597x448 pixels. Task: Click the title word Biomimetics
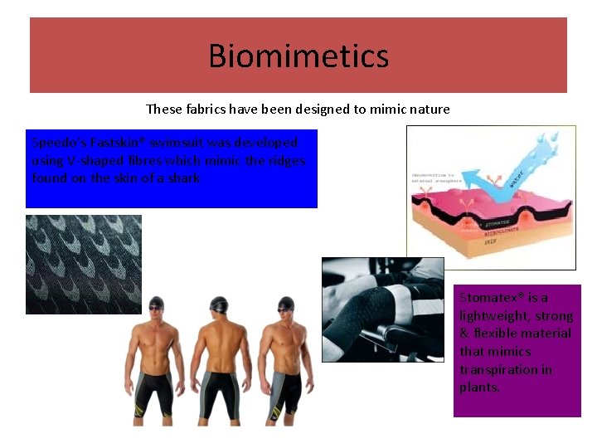pos(298,56)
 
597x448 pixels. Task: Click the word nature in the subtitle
pos(429,109)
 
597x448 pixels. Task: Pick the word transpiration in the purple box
pos(506,369)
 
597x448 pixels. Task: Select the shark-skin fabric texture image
pos(84,264)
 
